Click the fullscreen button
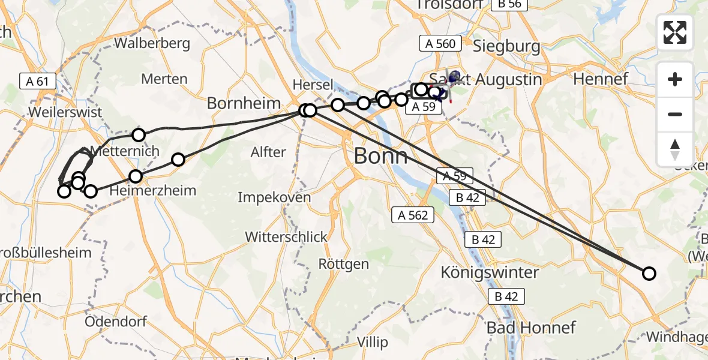(675, 32)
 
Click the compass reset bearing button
(675, 149)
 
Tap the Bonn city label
(380, 156)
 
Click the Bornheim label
(244, 103)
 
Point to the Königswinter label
(490, 272)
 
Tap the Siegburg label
(506, 46)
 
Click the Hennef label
(601, 78)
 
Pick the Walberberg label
(152, 43)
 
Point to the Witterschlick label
(286, 236)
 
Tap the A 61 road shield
(37, 81)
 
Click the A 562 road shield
(413, 215)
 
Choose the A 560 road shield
(440, 43)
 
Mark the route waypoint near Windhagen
(649, 274)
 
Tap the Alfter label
(268, 152)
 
